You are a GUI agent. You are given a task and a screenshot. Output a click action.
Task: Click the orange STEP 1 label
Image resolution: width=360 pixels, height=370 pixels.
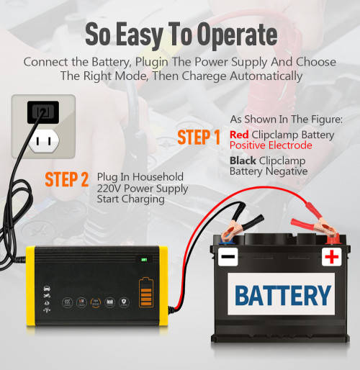coord(199,137)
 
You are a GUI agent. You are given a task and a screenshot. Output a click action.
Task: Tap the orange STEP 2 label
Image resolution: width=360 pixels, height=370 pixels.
coord(67,179)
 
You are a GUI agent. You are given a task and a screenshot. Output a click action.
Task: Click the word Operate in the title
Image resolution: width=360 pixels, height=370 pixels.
coord(237,35)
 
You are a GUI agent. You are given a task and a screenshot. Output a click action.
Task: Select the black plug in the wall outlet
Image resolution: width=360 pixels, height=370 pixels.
coord(43,112)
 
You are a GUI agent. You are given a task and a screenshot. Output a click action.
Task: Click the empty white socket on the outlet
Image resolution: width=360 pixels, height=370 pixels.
coord(44,141)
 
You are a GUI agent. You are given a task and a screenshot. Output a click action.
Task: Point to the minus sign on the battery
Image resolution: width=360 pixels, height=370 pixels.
coord(228,256)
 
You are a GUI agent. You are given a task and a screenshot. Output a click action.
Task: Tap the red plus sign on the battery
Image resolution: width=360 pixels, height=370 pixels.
coord(332,256)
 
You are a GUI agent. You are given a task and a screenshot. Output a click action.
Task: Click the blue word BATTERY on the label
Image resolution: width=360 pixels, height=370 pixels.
coord(283,295)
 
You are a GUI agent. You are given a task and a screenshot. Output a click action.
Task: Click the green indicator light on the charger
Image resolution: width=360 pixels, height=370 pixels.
coord(144,259)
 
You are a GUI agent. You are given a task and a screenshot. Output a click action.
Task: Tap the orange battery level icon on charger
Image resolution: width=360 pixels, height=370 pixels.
coord(146,292)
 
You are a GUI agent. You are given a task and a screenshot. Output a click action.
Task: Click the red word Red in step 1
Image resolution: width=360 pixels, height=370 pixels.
coord(239,135)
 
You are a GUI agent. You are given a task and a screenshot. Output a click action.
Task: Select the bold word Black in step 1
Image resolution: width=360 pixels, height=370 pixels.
coord(243,161)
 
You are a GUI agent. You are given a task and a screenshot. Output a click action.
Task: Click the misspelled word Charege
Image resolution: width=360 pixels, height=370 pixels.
coord(204,76)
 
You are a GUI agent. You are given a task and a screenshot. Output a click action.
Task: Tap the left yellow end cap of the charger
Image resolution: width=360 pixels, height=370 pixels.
coord(31,286)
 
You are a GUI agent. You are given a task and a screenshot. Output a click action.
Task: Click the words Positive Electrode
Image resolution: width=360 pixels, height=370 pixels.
coord(271,145)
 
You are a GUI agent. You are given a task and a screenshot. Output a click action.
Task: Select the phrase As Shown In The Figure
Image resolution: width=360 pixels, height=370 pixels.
coord(287,119)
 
